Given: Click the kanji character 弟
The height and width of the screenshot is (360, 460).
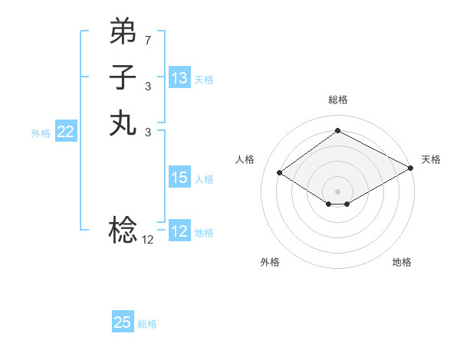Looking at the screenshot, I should point(123,32).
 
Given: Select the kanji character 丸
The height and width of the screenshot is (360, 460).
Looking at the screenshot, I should point(123,123).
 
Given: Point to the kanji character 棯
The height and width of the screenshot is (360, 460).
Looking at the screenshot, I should point(123,229).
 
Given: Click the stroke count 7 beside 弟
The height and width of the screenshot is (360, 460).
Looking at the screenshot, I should point(148,39).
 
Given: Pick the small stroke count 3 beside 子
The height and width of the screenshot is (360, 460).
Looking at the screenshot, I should point(148,86).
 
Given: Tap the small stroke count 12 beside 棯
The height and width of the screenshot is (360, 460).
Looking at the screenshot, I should point(148,239).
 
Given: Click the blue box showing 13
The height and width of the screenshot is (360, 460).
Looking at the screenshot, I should point(179,78).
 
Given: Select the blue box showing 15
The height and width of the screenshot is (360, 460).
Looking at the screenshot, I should point(179,178).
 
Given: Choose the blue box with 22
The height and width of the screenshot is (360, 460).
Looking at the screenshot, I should point(66,132).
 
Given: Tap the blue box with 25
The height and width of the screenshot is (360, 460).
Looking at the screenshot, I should point(123,322).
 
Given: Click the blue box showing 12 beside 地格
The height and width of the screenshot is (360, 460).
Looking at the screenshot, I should point(179,231).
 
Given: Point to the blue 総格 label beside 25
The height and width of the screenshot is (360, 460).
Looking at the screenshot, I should point(148,324).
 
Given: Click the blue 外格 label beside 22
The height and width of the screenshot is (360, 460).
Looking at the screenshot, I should point(41,133).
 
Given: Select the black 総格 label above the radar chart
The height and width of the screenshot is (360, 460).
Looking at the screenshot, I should point(338,100).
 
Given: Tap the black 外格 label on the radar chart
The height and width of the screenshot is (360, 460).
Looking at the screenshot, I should point(270,262).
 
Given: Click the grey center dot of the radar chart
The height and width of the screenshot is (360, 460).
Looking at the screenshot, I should point(338,191).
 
